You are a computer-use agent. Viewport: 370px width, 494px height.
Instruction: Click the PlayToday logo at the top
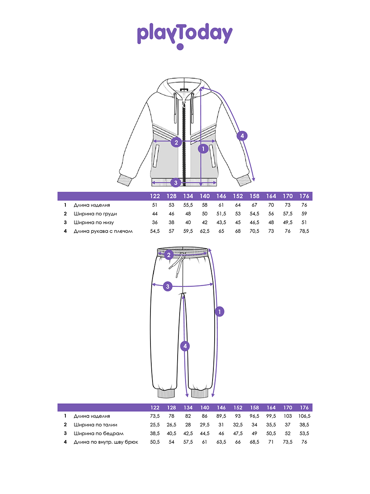coord(185,36)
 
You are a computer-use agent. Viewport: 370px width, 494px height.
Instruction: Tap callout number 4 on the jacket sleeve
coord(242,136)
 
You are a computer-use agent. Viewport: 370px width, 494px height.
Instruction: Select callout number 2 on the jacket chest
coord(176,142)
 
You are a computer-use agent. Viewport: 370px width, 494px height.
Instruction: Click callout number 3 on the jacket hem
coord(176,182)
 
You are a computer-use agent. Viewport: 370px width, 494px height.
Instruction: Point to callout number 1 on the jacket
coord(203,149)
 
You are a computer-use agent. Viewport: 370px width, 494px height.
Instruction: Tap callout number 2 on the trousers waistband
coord(169,255)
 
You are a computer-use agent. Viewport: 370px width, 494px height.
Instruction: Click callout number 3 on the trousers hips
coord(168,287)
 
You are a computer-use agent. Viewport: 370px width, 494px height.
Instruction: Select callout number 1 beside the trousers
coord(220,312)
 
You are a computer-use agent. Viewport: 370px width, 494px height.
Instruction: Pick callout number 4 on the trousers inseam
coord(185,346)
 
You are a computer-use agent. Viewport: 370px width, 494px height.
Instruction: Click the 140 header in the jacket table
coord(205,196)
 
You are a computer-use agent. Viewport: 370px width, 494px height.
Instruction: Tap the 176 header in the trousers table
coord(304,408)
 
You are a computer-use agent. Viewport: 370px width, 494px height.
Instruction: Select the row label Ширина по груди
coord(95,214)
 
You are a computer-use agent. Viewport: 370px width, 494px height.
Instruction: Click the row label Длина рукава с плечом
coord(103,231)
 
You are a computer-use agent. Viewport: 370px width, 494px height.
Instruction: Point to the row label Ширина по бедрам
coord(99,433)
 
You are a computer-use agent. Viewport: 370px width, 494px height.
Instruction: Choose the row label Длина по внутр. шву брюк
coord(106,442)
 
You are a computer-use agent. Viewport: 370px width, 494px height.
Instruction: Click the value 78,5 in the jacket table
coord(304,231)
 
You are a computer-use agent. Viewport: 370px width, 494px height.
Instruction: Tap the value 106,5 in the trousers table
coord(304,416)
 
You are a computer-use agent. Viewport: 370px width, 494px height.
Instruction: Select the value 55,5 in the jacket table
coord(188,205)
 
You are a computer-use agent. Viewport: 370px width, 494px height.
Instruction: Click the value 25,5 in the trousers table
coord(155,425)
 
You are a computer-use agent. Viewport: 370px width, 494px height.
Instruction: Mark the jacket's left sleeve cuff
coord(125,180)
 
